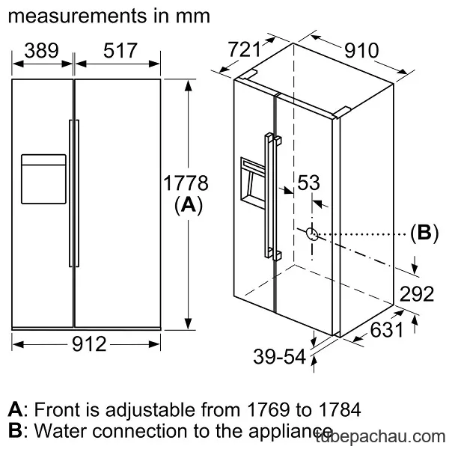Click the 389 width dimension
click(41, 51)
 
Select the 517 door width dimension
click(120, 51)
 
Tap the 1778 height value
click(186, 183)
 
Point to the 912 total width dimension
click(89, 344)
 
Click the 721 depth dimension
click(244, 49)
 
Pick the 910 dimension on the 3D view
click(361, 51)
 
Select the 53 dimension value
click(308, 183)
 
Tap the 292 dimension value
click(417, 294)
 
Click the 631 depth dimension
click(387, 329)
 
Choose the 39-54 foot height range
click(279, 357)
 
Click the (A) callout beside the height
click(189, 206)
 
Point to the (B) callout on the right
click(424, 233)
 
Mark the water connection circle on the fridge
click(312, 234)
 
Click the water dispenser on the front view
click(43, 179)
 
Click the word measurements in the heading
click(77, 16)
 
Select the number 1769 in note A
click(269, 410)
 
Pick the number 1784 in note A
click(339, 410)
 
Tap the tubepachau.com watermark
click(381, 437)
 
